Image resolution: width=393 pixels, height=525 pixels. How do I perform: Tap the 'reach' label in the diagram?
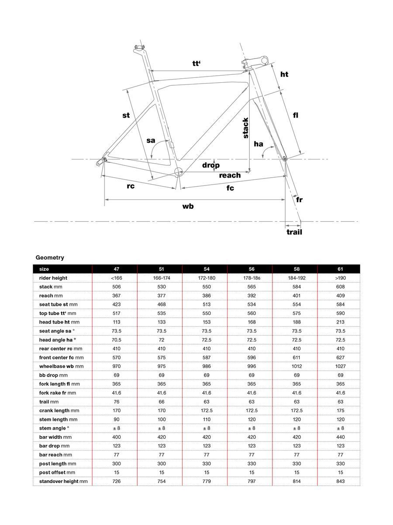pos(230,175)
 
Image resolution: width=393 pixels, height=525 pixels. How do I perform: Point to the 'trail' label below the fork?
pos(294,232)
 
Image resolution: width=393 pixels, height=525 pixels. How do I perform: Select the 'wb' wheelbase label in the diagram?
pos(188,206)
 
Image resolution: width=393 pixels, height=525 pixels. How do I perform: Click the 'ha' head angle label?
pos(259,143)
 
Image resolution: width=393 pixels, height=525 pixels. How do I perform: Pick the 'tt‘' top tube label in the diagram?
pos(196,63)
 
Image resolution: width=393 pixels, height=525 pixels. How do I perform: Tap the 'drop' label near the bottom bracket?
pos(210,165)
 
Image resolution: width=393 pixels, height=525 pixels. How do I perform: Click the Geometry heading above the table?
pos(50,258)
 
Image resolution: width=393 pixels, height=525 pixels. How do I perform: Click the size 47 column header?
pos(116,269)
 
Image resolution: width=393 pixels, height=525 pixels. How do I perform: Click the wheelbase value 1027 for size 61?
pos(340,366)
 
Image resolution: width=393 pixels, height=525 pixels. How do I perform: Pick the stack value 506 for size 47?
pos(116,287)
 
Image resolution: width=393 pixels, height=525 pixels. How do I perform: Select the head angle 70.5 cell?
pos(116,340)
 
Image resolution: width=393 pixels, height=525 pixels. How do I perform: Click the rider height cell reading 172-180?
pos(206,278)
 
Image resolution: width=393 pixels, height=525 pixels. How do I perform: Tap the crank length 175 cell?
pos(340,410)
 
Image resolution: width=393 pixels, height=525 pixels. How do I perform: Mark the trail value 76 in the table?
pos(116,402)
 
